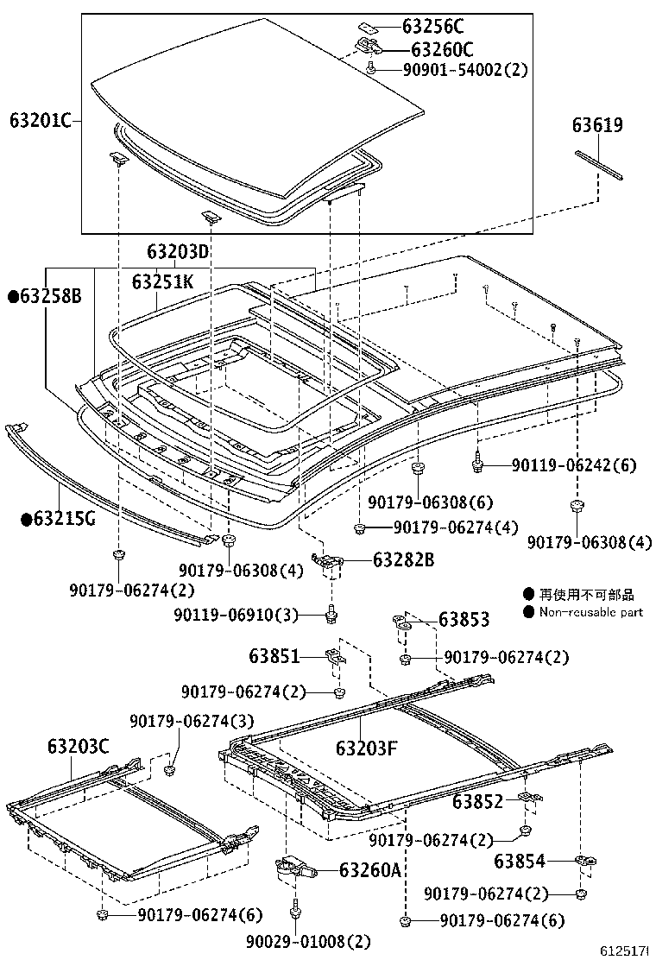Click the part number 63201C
click(x=40, y=120)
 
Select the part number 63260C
click(x=441, y=49)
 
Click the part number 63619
click(x=596, y=125)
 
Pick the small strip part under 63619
click(x=600, y=165)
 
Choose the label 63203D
click(x=178, y=252)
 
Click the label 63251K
click(x=162, y=281)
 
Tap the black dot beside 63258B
click(x=13, y=297)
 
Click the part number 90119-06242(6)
click(x=573, y=465)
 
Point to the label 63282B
click(x=403, y=560)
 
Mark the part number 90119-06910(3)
click(x=235, y=615)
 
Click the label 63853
click(x=464, y=619)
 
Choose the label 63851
click(x=274, y=657)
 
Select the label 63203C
click(x=78, y=746)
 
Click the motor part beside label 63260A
click(x=289, y=868)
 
